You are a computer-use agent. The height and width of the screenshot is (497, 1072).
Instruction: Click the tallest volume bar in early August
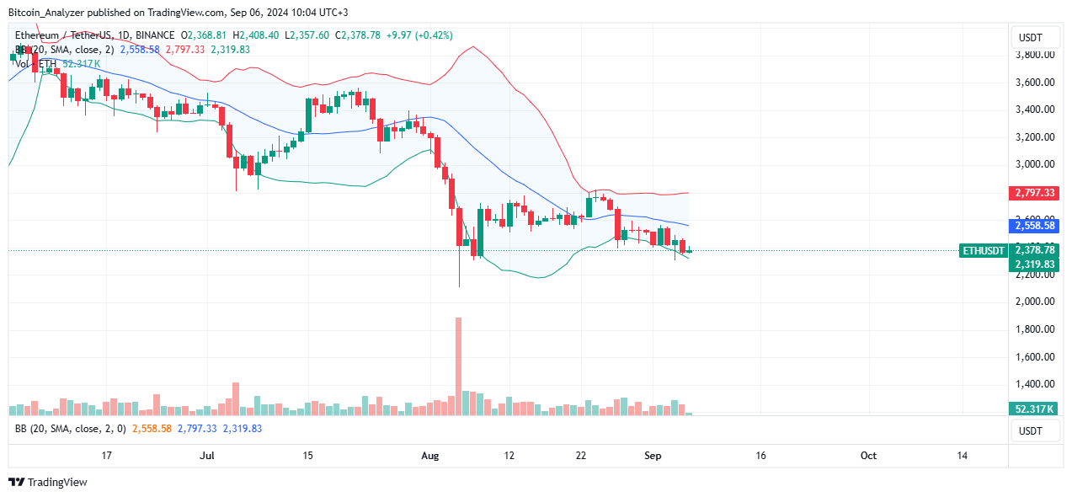[x=458, y=366]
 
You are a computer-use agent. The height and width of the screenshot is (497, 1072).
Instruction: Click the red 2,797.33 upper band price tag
[x=1035, y=193]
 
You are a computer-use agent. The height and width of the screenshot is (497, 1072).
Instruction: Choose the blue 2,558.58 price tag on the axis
[x=1035, y=227]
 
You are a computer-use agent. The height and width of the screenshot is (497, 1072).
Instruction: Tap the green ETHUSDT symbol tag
[x=984, y=250]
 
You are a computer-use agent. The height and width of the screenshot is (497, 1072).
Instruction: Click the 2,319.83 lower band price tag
[x=1035, y=265]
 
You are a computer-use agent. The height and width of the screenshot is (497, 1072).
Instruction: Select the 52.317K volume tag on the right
[x=1035, y=409]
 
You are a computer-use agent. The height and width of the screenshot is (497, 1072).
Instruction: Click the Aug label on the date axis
[x=430, y=455]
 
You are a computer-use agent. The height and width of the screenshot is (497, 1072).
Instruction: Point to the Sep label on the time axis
[x=653, y=455]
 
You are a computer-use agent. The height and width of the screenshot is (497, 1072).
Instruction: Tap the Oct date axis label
[x=868, y=455]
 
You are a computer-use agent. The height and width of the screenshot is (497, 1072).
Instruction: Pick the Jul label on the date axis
[x=207, y=455]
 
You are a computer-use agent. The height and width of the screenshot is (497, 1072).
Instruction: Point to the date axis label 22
[x=581, y=455]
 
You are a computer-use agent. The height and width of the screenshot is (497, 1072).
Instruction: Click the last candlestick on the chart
[x=690, y=251]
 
